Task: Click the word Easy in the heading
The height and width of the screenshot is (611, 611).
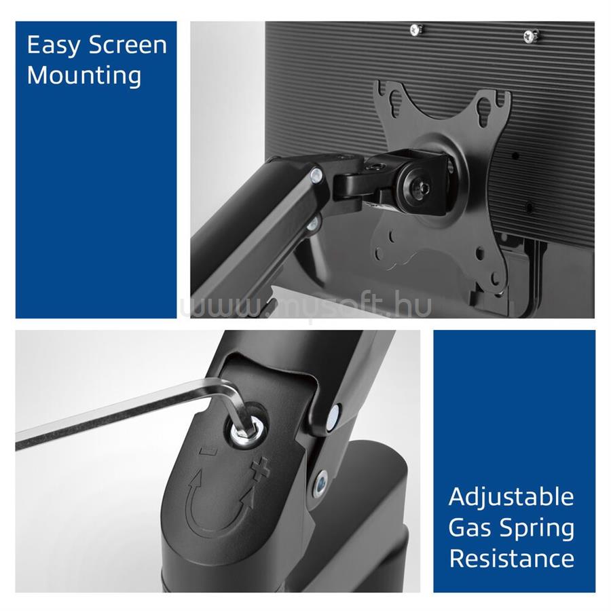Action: tap(54, 46)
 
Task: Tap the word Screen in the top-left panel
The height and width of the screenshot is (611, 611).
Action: tap(128, 45)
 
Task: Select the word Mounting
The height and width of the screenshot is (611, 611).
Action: tap(84, 75)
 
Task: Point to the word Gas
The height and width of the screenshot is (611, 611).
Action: tap(470, 528)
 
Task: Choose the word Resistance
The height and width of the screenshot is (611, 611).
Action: tap(512, 559)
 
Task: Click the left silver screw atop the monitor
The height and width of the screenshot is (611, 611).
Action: tap(417, 29)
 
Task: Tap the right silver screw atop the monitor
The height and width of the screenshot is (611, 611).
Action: tap(530, 36)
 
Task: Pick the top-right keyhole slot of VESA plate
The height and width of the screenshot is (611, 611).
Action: tap(485, 110)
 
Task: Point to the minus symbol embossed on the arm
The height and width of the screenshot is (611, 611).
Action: tap(208, 451)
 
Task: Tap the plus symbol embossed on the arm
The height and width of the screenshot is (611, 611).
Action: tap(260, 470)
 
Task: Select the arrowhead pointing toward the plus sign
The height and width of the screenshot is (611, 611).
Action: tap(249, 497)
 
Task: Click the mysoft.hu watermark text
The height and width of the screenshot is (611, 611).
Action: tap(306, 305)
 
